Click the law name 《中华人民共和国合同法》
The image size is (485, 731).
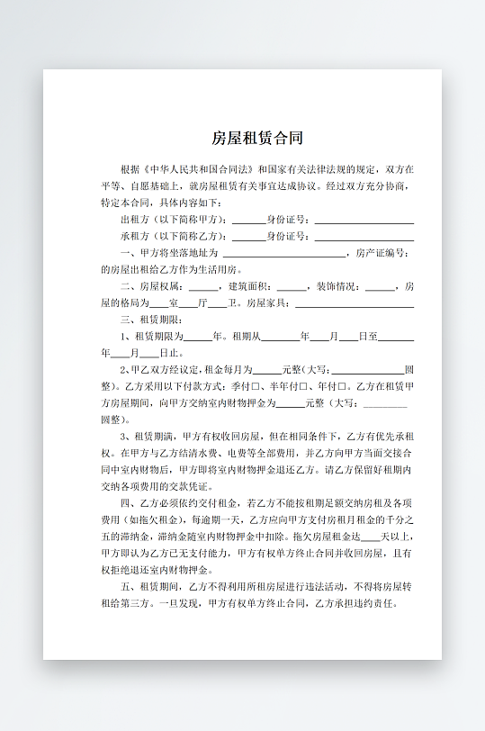199,169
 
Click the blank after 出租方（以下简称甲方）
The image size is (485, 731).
248,220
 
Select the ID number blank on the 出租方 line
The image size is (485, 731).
364,220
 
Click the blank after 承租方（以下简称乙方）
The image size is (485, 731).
248,237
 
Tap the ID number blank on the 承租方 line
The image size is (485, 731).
364,237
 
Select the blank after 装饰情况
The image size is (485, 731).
381,286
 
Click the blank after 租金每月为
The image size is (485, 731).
267,370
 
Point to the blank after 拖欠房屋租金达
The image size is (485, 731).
369,537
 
